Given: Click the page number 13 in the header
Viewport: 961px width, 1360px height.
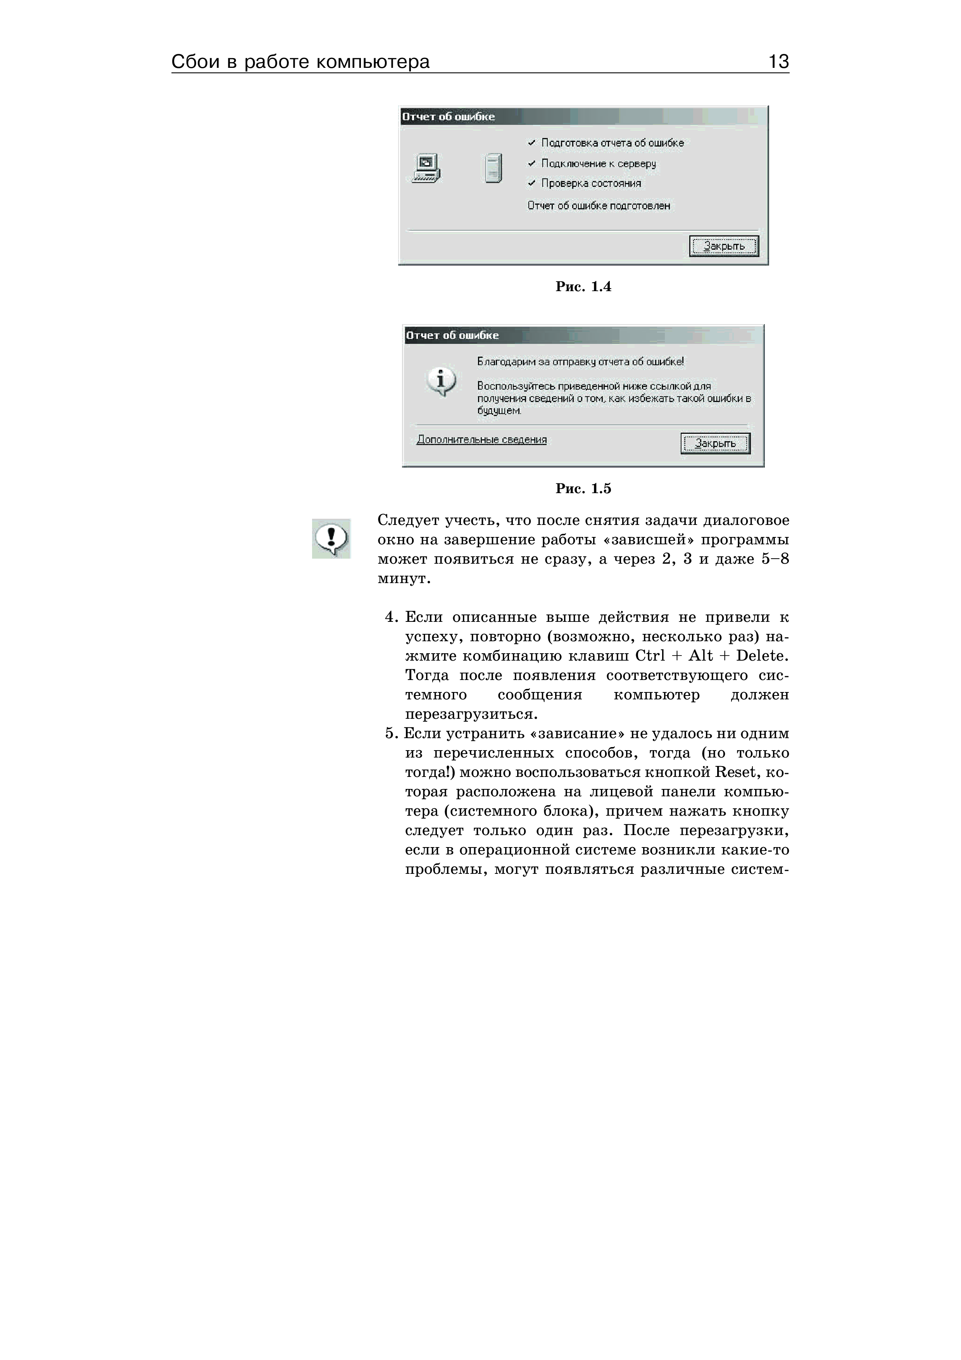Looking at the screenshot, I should click(x=778, y=62).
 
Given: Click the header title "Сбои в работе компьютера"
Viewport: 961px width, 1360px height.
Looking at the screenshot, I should click(x=300, y=62).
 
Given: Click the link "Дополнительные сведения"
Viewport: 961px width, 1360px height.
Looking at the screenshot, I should click(x=481, y=440).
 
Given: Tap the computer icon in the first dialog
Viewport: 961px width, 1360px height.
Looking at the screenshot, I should click(x=426, y=168).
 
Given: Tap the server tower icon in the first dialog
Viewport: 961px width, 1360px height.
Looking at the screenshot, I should click(x=493, y=168).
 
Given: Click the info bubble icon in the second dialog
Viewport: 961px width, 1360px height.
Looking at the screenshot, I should click(x=441, y=381).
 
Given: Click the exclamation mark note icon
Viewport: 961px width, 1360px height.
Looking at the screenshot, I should click(x=331, y=538).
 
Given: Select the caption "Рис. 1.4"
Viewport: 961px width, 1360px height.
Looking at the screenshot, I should click(x=583, y=286).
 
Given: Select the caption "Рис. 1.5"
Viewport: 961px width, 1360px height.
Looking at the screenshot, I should click(x=583, y=488).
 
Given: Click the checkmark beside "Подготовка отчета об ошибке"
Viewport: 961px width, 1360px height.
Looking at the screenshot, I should click(x=532, y=143).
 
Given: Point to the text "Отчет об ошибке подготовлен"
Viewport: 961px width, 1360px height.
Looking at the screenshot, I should click(x=599, y=205).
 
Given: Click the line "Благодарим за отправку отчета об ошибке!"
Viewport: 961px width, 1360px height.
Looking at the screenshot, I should click(x=580, y=361).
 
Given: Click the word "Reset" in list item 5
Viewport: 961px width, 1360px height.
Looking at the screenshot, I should click(x=735, y=772).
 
